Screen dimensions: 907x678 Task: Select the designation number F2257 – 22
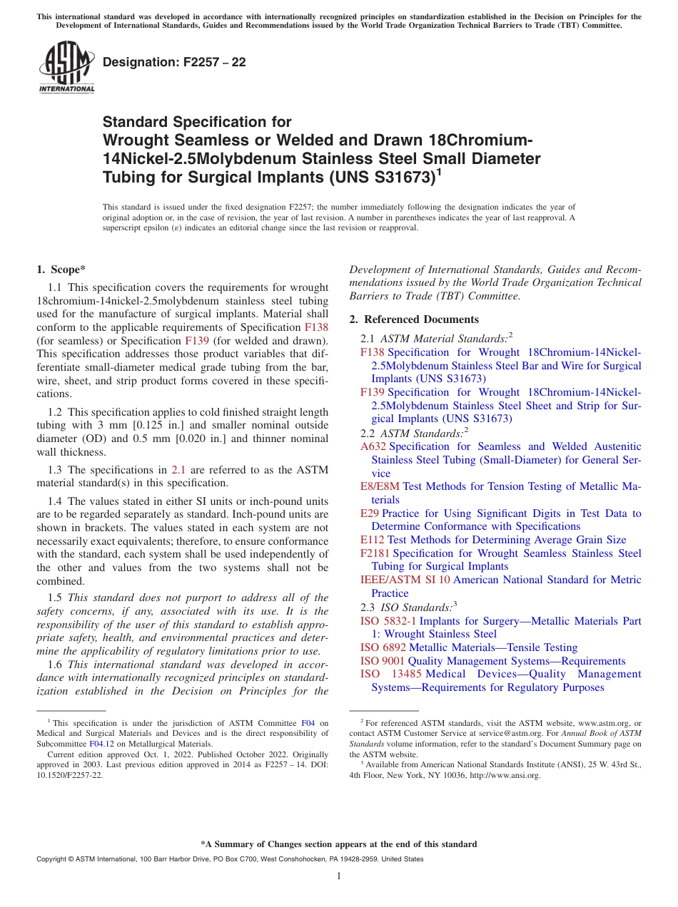click(x=174, y=63)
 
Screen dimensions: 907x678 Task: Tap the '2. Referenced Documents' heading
click(x=414, y=319)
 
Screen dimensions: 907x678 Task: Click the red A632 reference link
click(x=373, y=446)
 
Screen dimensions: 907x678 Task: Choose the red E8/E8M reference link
click(x=380, y=486)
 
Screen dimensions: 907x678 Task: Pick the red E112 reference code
click(x=372, y=540)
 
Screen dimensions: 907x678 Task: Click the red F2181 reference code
click(x=375, y=553)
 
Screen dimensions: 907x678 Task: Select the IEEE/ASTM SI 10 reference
click(x=405, y=580)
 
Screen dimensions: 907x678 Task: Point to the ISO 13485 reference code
click(x=390, y=674)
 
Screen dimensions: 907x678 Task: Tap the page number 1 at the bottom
click(x=339, y=876)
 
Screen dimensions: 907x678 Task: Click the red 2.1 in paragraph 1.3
click(x=178, y=470)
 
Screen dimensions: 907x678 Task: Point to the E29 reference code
click(x=370, y=513)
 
